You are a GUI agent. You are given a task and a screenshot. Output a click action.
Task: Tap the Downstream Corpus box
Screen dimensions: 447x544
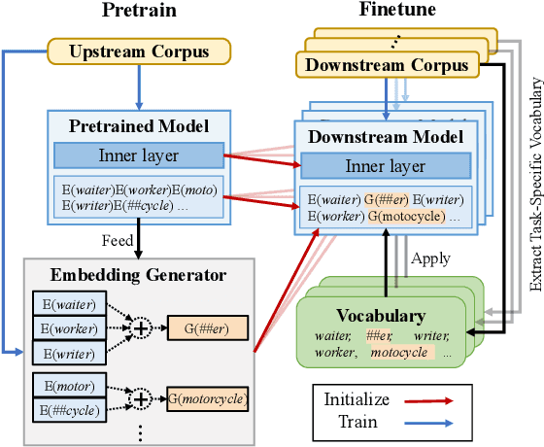pos(387,65)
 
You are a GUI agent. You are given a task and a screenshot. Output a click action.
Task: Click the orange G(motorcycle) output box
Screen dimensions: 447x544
pos(206,397)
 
